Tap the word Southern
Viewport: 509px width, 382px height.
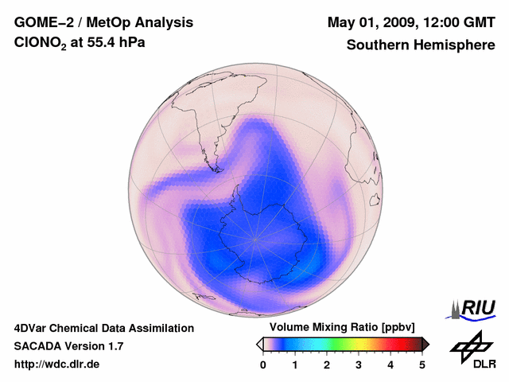pyautogui.click(x=376, y=45)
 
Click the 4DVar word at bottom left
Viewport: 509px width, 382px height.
pyautogui.click(x=33, y=328)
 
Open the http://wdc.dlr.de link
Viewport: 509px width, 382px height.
pyautogui.click(x=57, y=364)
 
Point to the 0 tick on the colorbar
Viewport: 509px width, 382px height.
pyautogui.click(x=263, y=364)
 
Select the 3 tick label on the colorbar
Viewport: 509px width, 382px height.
pyautogui.click(x=359, y=364)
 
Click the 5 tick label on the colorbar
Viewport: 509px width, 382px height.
pyautogui.click(x=422, y=364)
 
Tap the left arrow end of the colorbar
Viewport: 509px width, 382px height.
pyautogui.click(x=259, y=344)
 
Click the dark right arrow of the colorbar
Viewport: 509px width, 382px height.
pyautogui.click(x=425, y=344)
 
